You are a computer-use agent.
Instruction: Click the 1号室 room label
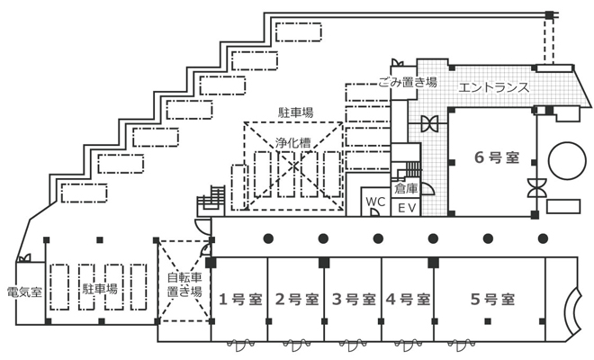click(238, 298)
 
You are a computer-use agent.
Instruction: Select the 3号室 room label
click(352, 298)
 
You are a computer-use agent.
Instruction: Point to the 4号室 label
click(407, 298)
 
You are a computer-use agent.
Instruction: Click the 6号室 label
click(496, 157)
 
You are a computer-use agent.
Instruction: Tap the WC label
click(376, 202)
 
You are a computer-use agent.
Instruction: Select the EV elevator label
click(405, 208)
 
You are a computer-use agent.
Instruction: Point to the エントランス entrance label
click(493, 87)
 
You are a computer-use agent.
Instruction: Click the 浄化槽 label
click(292, 141)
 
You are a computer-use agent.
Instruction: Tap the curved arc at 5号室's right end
click(571, 310)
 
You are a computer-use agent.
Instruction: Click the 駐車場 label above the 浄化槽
click(295, 112)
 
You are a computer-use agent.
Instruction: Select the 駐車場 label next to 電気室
click(100, 289)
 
